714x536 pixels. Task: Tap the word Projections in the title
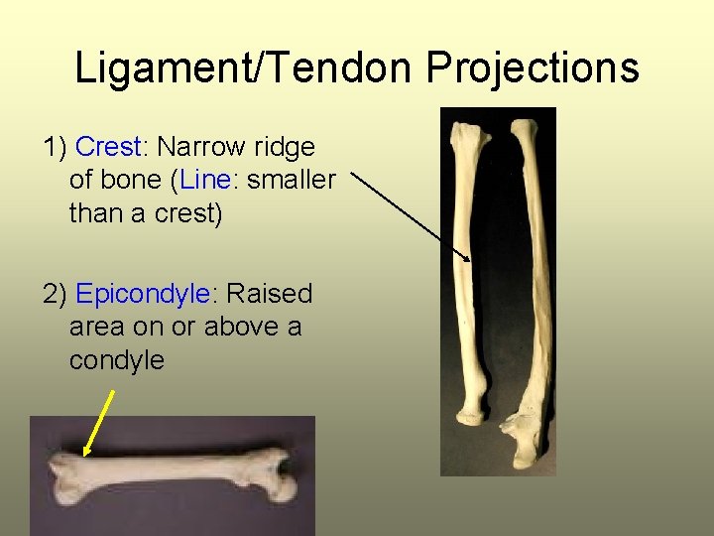click(533, 68)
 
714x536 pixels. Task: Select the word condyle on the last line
click(116, 360)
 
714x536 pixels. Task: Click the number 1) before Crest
click(56, 148)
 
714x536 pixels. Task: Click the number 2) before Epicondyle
click(56, 295)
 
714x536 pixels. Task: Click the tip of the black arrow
click(470, 261)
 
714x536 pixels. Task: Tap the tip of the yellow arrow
click(85, 456)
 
